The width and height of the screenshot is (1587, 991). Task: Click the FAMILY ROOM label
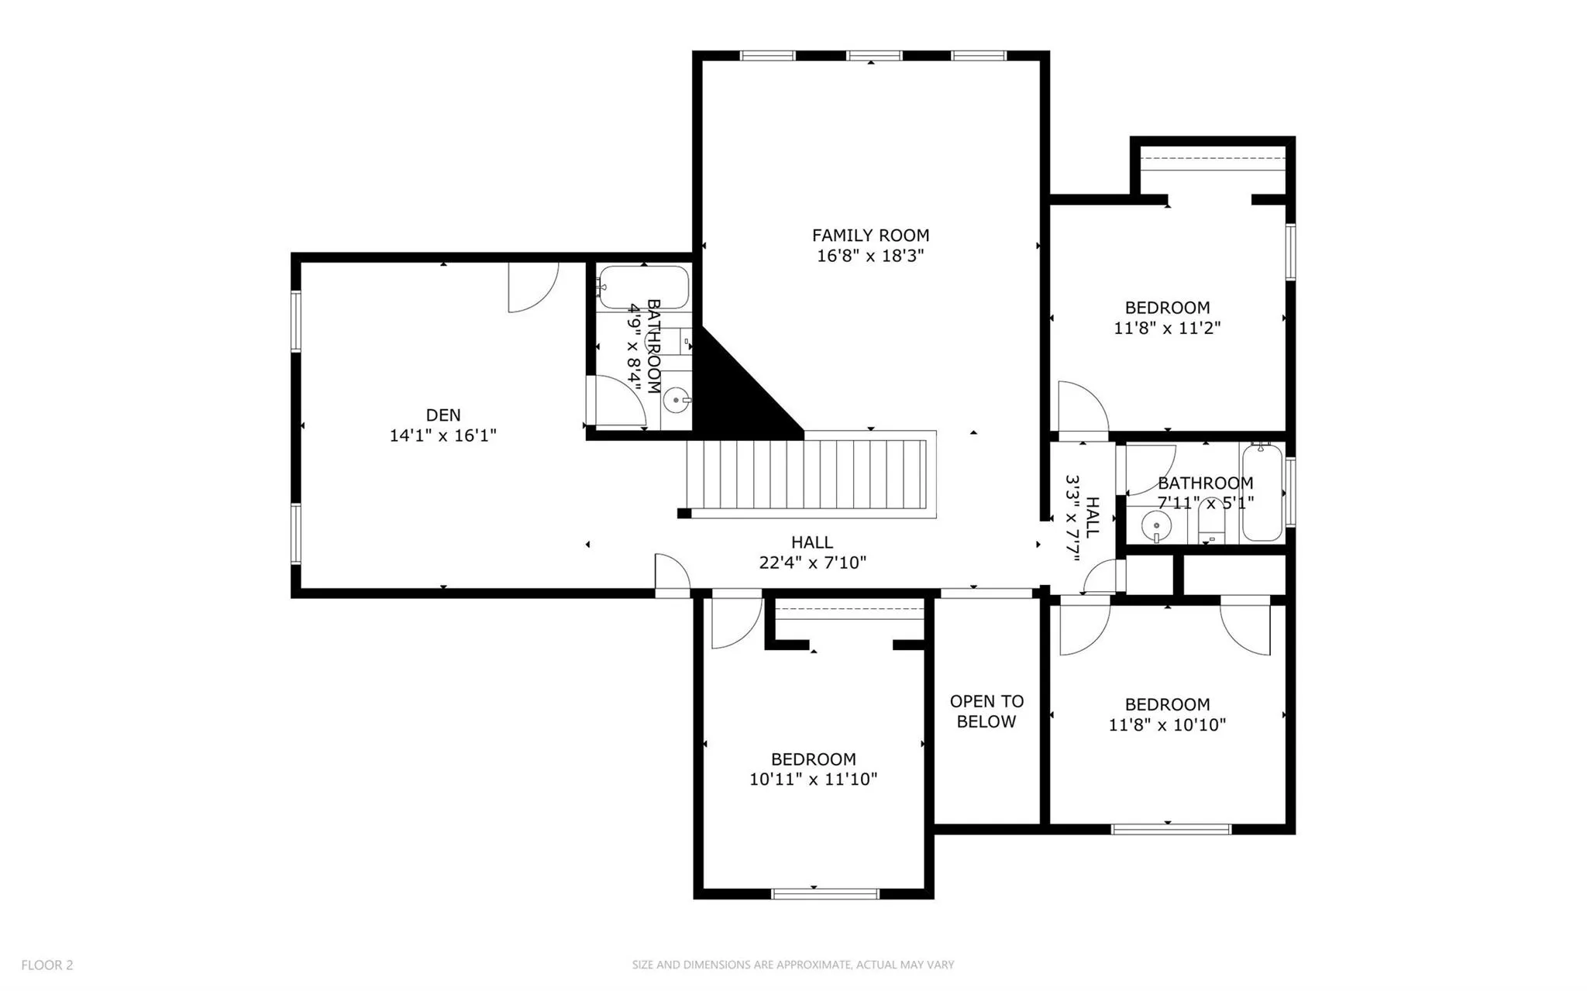pyautogui.click(x=870, y=236)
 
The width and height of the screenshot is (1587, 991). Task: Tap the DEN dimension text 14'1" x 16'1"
pyautogui.click(x=442, y=436)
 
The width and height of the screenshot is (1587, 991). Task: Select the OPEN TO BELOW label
pyautogui.click(x=986, y=711)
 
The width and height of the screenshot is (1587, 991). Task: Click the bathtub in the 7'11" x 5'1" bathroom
pyautogui.click(x=1262, y=493)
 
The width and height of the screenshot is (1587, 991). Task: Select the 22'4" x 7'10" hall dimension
pyautogui.click(x=812, y=563)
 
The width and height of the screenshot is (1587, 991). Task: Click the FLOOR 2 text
pyautogui.click(x=47, y=965)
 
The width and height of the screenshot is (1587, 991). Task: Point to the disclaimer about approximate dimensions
pyautogui.click(x=793, y=965)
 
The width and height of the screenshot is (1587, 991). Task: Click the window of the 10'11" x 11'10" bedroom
pyautogui.click(x=825, y=893)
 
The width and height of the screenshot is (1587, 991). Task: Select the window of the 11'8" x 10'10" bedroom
pyautogui.click(x=1171, y=829)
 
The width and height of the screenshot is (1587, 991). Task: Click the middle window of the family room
pyautogui.click(x=874, y=56)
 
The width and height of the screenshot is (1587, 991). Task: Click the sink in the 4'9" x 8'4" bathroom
pyautogui.click(x=677, y=401)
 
